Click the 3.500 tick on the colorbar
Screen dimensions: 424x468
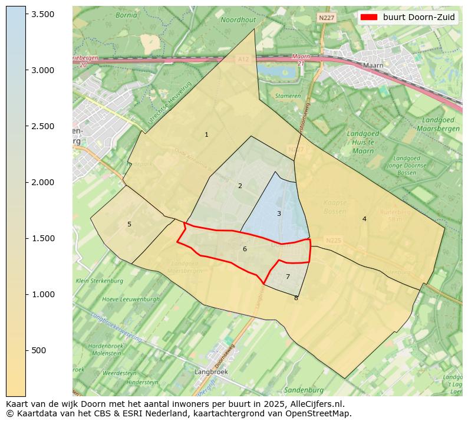click(x=26, y=14)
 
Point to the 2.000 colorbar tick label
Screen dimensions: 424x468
click(x=43, y=182)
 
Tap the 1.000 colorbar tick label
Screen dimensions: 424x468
click(x=43, y=294)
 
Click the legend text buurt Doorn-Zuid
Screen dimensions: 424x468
click(x=418, y=17)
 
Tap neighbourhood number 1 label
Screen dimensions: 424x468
click(x=206, y=135)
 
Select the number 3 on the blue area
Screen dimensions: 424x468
click(x=279, y=213)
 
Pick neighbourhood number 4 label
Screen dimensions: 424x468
click(x=364, y=219)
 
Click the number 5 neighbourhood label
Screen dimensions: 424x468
click(x=129, y=224)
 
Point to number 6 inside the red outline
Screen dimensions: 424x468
click(x=245, y=249)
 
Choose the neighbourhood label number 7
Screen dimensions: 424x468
click(x=288, y=277)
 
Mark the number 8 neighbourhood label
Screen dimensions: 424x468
click(x=296, y=298)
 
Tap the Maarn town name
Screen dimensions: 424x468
click(x=373, y=65)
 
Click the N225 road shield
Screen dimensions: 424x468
click(x=333, y=241)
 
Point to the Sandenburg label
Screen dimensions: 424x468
click(x=304, y=390)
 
